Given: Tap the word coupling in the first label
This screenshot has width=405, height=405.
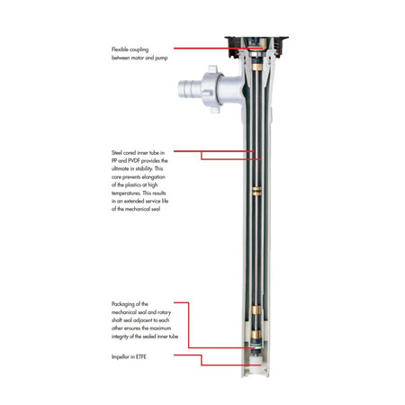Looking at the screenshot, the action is pos(139,49).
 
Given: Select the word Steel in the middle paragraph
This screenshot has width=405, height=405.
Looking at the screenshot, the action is pos(117,153).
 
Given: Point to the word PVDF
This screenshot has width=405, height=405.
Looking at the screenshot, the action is pos(134,161).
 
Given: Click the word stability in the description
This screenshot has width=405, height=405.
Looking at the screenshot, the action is pos(144,168).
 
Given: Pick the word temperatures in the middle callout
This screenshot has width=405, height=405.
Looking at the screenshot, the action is pos(126,193).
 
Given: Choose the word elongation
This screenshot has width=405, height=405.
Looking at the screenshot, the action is pos(153,177).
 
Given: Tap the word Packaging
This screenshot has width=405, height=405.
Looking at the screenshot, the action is pos(123,304).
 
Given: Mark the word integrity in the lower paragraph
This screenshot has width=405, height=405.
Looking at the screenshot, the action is pos(120,337).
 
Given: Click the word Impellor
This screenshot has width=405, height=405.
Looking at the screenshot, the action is pos(121,357).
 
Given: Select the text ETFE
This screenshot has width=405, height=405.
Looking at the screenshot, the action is pos(141,356).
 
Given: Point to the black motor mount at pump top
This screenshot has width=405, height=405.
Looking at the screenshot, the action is pos(256,47).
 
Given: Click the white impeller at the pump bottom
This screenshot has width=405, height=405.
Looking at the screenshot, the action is pos(256,361).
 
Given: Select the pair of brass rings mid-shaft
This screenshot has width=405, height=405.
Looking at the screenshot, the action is pos(256,191).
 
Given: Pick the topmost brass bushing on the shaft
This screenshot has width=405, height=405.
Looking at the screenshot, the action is pos(256,67).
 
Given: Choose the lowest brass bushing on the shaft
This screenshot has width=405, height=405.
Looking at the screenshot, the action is pos(256,334).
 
